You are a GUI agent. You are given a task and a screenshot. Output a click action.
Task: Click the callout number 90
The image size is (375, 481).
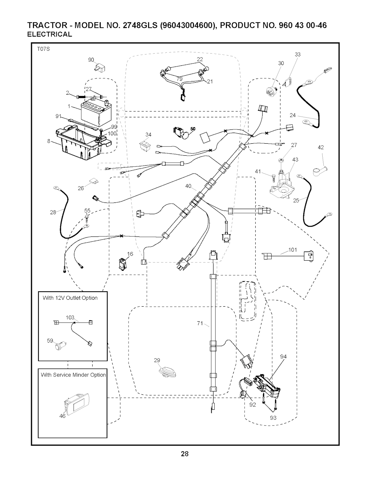pyautogui.click(x=91, y=60)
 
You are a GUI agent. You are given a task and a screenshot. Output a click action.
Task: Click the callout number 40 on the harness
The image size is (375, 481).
pyautogui.click(x=188, y=186)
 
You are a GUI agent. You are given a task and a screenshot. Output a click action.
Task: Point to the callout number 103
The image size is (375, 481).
pyautogui.click(x=70, y=317)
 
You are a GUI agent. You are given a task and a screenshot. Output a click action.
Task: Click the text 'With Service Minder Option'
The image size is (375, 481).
pyautogui.click(x=73, y=375)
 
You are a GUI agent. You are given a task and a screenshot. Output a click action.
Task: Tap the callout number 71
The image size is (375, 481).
pyautogui.click(x=200, y=323)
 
